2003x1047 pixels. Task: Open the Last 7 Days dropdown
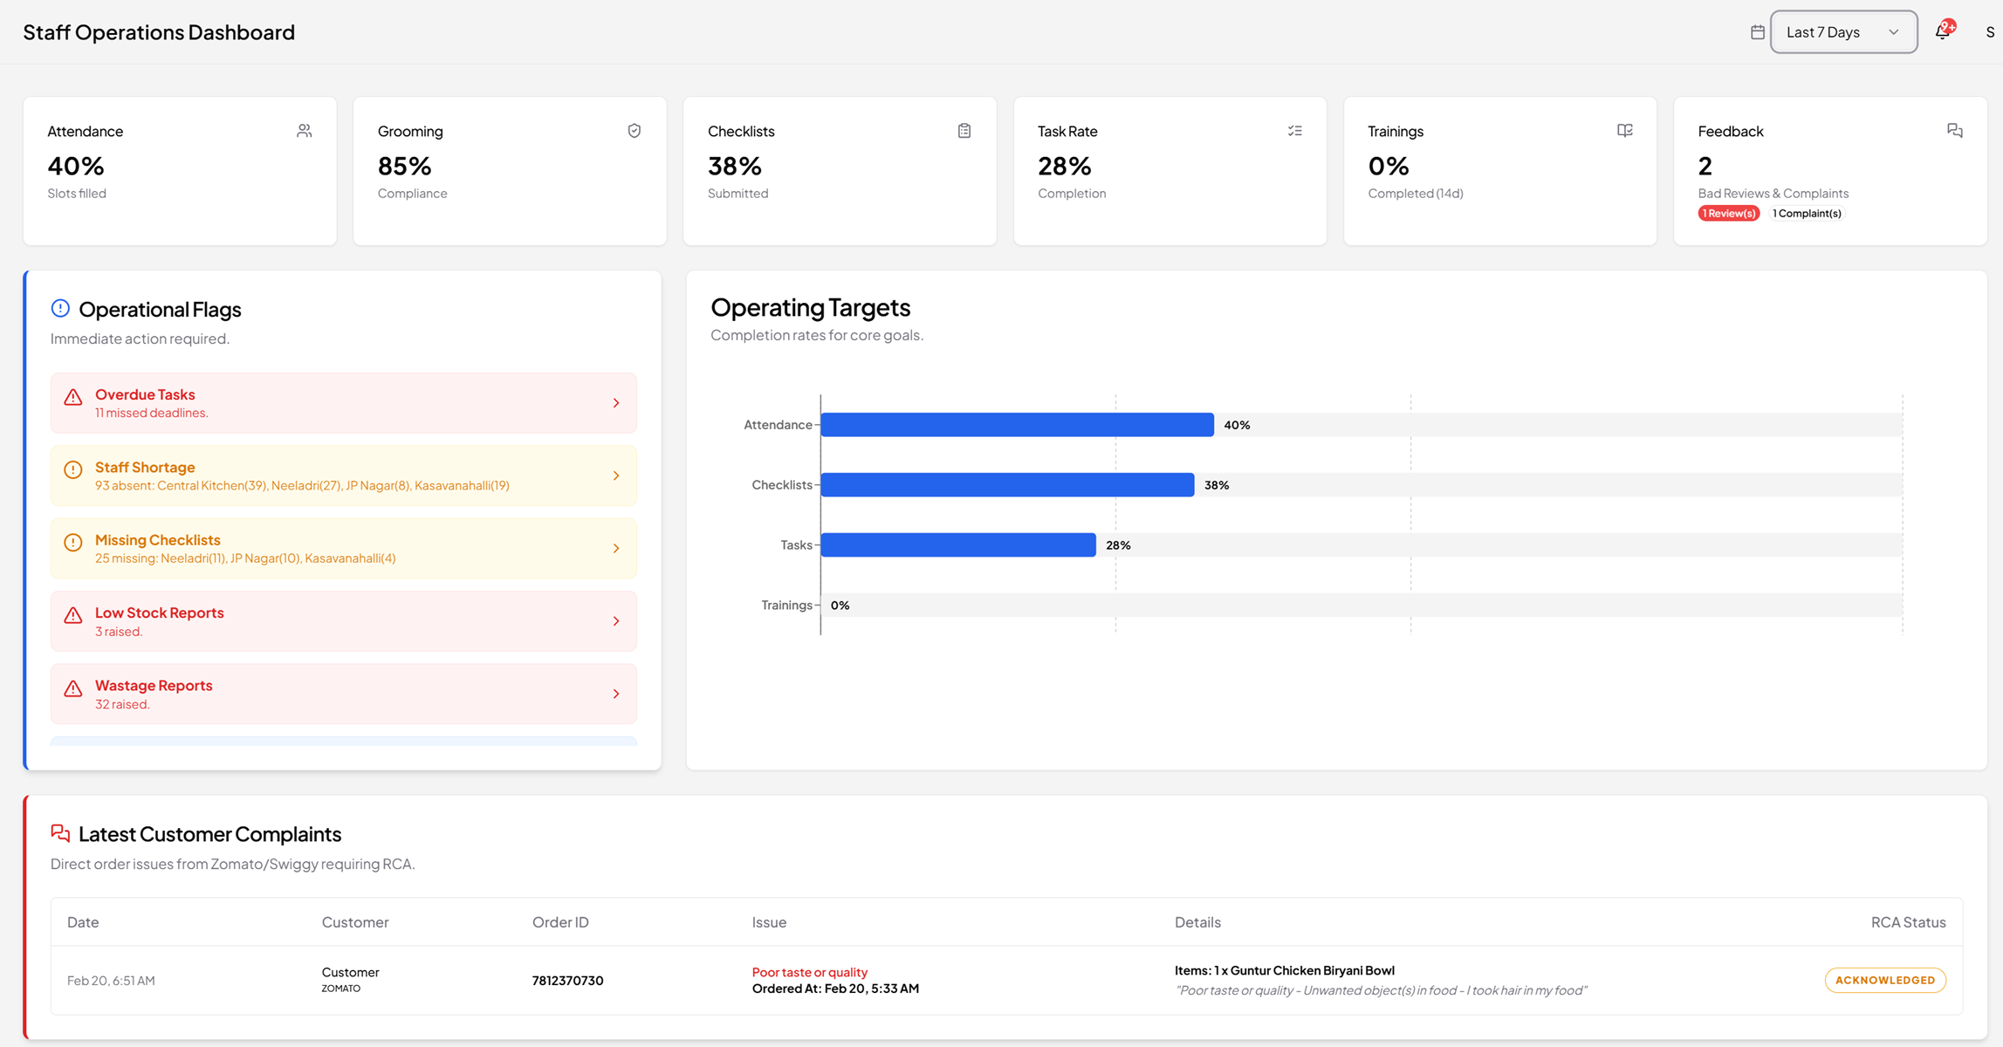(x=1842, y=32)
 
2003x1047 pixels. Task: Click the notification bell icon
(x=1942, y=32)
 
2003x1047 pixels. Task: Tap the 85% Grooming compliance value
(x=404, y=166)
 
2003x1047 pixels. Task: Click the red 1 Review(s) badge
(x=1728, y=214)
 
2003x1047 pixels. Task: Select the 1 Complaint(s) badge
(x=1807, y=214)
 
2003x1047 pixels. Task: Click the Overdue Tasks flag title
(x=145, y=394)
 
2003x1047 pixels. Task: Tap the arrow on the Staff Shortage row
(x=616, y=476)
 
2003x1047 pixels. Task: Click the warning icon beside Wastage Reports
(x=73, y=689)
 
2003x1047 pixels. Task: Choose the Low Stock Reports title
(x=159, y=612)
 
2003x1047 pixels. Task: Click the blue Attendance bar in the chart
(x=1017, y=425)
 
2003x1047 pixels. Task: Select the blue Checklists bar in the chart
(x=1007, y=485)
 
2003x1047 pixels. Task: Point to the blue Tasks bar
(x=957, y=545)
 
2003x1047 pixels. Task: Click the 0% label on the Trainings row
(x=840, y=606)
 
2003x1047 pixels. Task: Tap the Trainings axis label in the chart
(x=786, y=606)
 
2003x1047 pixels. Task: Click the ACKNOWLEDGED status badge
(x=1884, y=980)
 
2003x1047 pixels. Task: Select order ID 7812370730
(x=567, y=981)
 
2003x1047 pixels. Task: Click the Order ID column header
(x=560, y=922)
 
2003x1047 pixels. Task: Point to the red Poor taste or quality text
(x=809, y=972)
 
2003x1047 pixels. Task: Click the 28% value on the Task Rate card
(x=1064, y=166)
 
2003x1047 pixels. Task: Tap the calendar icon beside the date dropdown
(x=1758, y=32)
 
